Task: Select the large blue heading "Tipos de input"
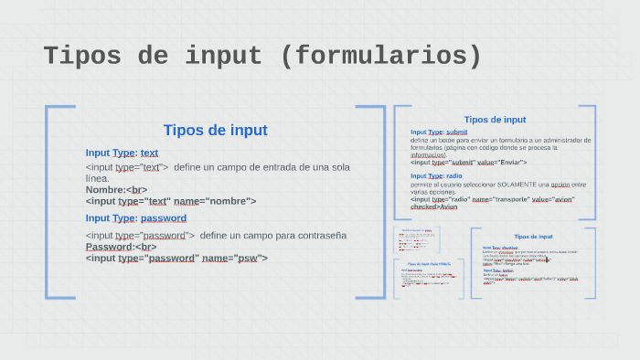215,130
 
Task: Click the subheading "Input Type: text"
122,153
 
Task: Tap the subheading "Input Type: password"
136,217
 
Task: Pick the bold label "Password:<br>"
121,247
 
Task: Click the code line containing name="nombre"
171,201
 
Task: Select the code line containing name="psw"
176,258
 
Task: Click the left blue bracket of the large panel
48,201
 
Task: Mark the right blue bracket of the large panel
382,201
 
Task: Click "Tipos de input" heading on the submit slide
495,119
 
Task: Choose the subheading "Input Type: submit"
439,132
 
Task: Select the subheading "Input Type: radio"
436,175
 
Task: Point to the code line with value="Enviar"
468,162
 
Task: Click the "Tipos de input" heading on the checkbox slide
533,237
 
